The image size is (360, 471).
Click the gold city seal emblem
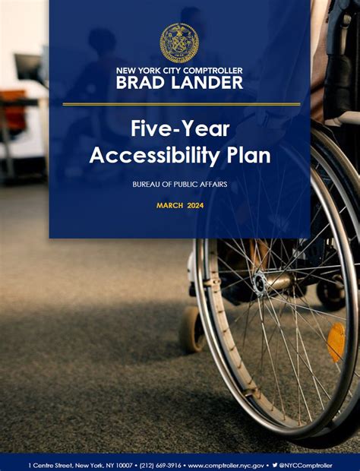click(x=179, y=43)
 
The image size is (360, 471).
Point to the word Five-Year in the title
click(x=180, y=128)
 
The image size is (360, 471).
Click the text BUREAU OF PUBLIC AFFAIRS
click(x=180, y=185)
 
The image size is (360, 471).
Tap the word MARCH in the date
click(x=169, y=205)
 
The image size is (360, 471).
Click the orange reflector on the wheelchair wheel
click(x=336, y=341)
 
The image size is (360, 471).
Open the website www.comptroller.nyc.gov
click(x=226, y=464)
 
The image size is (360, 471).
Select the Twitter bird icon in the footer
click(x=275, y=464)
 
